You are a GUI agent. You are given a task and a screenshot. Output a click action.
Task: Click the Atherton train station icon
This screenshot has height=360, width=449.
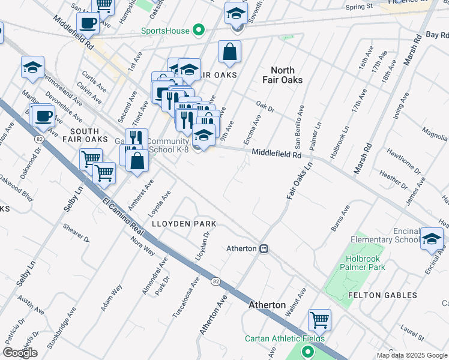(264, 248)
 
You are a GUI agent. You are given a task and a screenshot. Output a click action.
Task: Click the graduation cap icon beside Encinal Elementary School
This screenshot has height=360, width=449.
(432, 238)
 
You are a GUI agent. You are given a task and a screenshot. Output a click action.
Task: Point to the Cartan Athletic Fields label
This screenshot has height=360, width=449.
(285, 338)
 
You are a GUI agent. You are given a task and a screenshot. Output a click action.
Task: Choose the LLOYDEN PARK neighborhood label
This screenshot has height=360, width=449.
(184, 223)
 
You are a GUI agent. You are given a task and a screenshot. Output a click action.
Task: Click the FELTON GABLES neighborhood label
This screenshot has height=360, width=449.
(382, 295)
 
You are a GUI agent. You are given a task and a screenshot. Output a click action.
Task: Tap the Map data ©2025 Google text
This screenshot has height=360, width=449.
(412, 355)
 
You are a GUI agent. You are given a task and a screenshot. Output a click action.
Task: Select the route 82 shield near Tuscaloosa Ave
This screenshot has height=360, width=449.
(214, 280)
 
